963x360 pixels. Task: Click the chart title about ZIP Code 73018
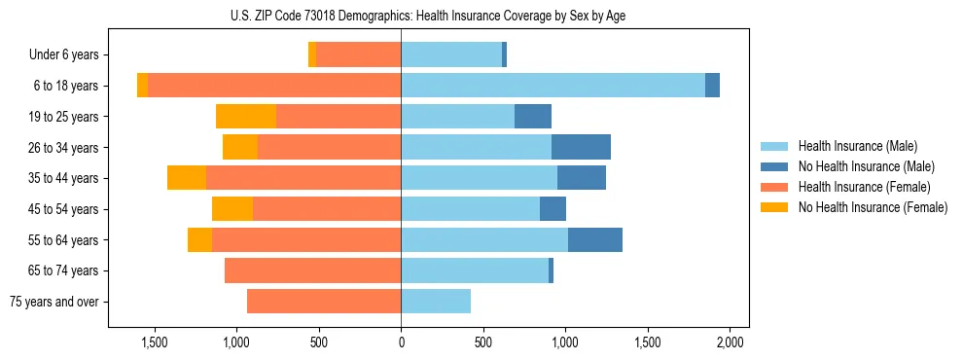coord(401,16)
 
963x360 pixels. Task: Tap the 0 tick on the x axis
coord(401,342)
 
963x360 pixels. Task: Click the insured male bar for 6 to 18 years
coord(553,86)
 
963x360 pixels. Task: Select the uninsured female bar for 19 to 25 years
coord(246,117)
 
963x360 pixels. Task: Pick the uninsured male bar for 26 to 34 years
coord(581,148)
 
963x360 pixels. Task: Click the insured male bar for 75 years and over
coord(436,302)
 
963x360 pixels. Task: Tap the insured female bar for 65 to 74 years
coord(312,270)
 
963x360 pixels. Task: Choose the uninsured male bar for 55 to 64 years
coord(595,240)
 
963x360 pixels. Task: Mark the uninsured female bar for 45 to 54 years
coord(232,209)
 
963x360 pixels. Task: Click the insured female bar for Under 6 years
coord(358,55)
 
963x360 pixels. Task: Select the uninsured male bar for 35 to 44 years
coord(582,178)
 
